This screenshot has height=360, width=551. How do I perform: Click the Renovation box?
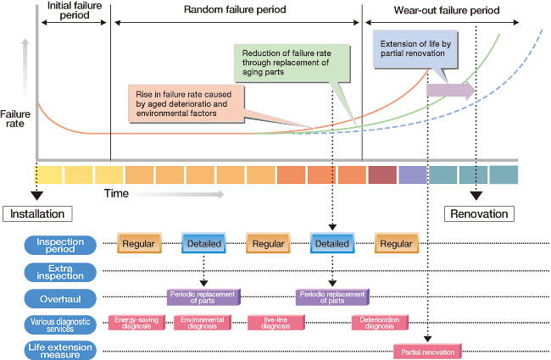(x=480, y=213)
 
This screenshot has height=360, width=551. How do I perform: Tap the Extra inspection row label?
(x=60, y=271)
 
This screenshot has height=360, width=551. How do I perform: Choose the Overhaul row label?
(x=60, y=297)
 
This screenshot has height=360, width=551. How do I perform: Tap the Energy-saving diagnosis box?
(x=135, y=323)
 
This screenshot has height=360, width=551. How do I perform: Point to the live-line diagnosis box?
(x=273, y=323)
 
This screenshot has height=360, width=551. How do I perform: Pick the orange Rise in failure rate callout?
(x=185, y=101)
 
